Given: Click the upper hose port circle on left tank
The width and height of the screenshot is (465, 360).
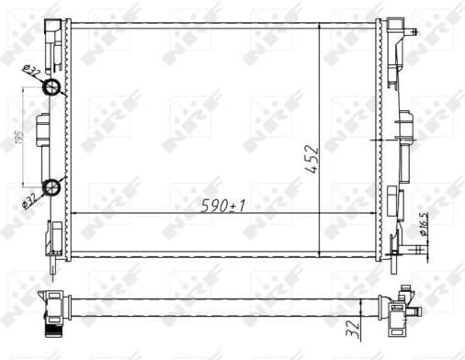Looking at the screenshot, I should (52, 88).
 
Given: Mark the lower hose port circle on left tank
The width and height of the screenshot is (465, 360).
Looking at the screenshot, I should (52, 188).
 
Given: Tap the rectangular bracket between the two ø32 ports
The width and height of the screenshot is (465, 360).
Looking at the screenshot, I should (41, 138).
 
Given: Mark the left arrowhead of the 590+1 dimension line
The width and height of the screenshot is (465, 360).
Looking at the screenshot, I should (74, 213).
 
